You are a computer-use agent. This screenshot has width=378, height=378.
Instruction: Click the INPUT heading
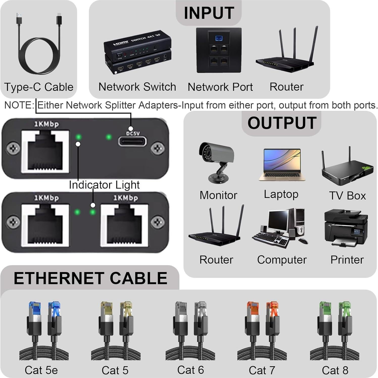click(x=209, y=13)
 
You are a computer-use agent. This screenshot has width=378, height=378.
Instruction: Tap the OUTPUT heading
click(x=282, y=123)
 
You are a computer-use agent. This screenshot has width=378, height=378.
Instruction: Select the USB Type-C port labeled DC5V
click(x=133, y=141)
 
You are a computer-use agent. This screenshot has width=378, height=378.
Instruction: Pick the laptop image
click(x=282, y=165)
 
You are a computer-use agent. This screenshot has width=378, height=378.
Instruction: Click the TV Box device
click(x=347, y=168)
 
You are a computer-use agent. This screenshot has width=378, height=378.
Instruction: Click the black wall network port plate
click(x=219, y=51)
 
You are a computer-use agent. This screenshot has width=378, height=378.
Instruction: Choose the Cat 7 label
click(x=262, y=370)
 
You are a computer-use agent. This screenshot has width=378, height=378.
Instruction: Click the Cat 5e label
click(x=41, y=370)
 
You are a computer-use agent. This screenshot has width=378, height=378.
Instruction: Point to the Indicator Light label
click(x=104, y=185)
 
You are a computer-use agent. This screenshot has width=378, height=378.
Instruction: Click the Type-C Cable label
click(x=39, y=87)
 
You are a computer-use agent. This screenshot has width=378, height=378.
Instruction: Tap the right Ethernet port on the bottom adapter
click(x=124, y=225)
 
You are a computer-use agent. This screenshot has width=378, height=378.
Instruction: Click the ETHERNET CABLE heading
click(x=90, y=278)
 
